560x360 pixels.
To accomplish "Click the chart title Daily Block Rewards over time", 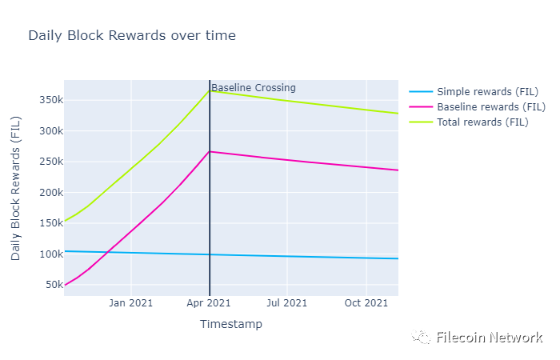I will coord(132,36).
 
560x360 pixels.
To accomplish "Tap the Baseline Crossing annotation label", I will coord(254,88).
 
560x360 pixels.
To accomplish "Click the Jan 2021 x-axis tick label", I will coord(131,303).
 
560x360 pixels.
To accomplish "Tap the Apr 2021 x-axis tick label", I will coord(209,303).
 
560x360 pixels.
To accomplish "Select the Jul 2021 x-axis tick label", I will coord(286,303).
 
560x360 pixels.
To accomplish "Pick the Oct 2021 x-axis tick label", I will coord(366,303).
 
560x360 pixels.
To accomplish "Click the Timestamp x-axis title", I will coord(230,325).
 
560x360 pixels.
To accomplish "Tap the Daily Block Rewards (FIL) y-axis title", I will coord(16,188).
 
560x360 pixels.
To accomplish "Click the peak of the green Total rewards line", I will coord(210,90).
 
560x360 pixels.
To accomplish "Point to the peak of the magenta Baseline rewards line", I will coord(210,151).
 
